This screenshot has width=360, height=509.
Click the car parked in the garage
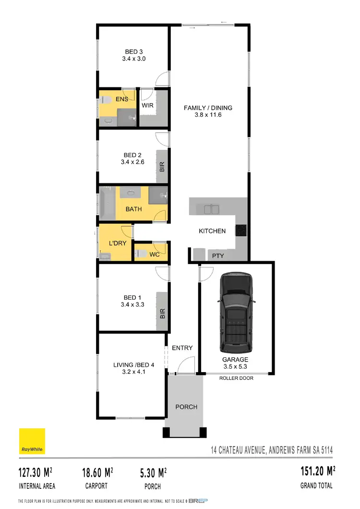click(235, 313)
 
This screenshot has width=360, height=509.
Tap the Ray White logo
click(32, 441)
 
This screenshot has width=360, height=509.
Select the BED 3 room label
click(134, 52)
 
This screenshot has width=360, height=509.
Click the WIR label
click(147, 105)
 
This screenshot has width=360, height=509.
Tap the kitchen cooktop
click(240, 230)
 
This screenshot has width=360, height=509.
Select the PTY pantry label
click(218, 256)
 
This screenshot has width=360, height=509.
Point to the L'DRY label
click(118, 243)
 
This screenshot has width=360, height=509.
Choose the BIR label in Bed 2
click(162, 167)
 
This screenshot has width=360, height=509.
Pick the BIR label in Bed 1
click(162, 314)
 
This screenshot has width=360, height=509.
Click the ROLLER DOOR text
click(236, 378)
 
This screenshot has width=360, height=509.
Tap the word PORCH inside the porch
click(186, 407)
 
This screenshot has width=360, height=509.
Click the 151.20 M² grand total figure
click(315, 471)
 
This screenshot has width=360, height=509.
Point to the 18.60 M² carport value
click(97, 472)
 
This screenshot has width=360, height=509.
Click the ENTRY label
click(182, 348)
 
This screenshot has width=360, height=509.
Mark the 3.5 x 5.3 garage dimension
click(235, 366)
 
